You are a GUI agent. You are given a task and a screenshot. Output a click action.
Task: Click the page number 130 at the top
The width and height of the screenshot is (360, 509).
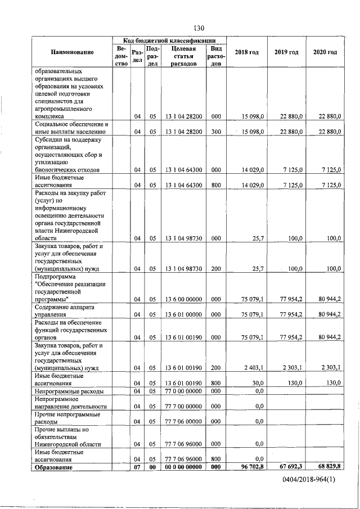coord(198,28)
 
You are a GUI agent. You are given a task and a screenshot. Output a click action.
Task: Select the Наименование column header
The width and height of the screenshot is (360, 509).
coord(72,52)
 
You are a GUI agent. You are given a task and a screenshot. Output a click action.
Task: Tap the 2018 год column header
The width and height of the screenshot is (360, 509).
coord(247,52)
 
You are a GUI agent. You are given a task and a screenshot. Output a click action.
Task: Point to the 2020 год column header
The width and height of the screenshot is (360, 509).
coord(325,52)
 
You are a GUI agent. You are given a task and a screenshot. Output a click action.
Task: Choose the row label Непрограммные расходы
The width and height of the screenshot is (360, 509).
coord(69,391)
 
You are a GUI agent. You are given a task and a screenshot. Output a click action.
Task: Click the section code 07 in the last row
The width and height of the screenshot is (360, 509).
coord(137,467)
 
